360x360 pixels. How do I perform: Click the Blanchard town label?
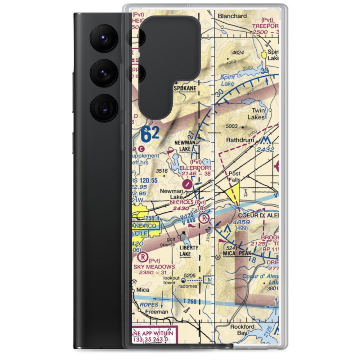pos(233,16)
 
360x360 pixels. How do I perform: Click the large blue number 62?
pos(149,135)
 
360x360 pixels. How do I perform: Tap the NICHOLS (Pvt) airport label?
pos(187,202)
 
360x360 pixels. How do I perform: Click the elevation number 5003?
pos(231,126)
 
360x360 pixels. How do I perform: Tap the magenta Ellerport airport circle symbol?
pos(187,184)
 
